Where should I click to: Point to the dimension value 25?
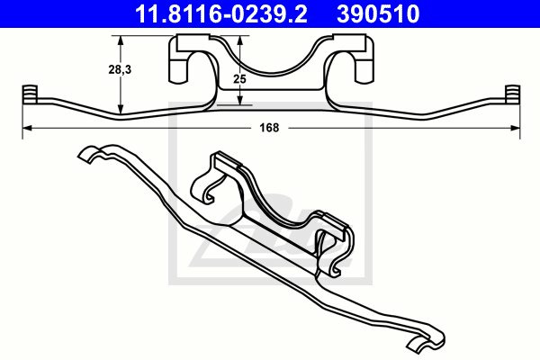click(238, 79)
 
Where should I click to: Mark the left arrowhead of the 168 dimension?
click(26, 129)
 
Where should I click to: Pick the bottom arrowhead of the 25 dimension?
click(238, 100)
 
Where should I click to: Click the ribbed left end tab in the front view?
click(27, 94)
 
